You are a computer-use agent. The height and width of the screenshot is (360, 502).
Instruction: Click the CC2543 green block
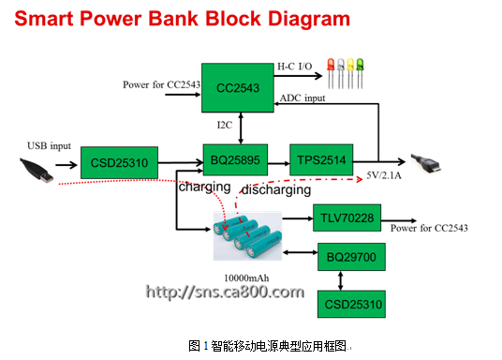238,87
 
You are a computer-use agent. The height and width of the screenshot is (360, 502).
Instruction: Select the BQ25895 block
235,159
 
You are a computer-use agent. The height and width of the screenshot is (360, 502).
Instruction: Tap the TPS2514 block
321,159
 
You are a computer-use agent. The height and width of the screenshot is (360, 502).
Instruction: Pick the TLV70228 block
347,217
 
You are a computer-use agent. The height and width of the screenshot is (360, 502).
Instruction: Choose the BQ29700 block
351,257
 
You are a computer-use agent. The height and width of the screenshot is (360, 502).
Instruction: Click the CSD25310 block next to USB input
119,162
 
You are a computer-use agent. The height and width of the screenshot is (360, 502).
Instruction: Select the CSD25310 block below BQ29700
351,305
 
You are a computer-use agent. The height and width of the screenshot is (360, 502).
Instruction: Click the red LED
331,73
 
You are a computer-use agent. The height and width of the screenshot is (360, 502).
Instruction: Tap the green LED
360,73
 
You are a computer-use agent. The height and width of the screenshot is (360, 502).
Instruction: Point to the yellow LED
350,73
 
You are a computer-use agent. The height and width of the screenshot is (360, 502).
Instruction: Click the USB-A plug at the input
37,170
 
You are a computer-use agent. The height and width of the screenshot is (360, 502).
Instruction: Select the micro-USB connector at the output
426,163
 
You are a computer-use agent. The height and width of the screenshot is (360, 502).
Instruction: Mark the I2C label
225,125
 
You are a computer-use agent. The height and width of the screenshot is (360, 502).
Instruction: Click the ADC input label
303,98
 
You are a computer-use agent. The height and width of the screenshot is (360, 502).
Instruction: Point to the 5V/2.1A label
384,175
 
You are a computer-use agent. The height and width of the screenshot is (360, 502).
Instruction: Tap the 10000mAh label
246,277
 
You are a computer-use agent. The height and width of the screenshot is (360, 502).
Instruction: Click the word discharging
276,189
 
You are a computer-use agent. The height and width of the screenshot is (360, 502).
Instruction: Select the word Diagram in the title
309,20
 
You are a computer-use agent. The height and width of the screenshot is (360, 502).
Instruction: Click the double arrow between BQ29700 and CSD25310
340,281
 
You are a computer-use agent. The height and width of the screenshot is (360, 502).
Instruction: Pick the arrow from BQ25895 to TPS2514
278,164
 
